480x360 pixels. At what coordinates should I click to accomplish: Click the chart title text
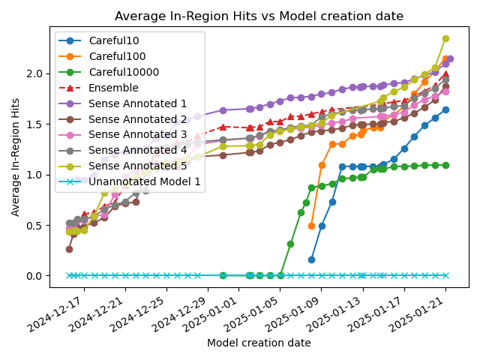(259, 16)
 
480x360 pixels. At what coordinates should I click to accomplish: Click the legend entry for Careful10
(112, 40)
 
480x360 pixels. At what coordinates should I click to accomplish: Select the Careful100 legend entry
(115, 56)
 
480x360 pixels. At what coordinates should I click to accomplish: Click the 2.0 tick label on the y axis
(34, 73)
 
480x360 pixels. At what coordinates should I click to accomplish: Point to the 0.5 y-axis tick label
(34, 225)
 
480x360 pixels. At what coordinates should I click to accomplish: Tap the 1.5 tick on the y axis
(34, 124)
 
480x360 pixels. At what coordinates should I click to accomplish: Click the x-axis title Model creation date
(259, 343)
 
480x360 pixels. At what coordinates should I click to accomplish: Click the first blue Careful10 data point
(311, 259)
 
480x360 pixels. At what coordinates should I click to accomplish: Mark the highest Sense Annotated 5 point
(445, 38)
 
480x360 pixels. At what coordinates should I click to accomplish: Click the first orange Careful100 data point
(311, 226)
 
